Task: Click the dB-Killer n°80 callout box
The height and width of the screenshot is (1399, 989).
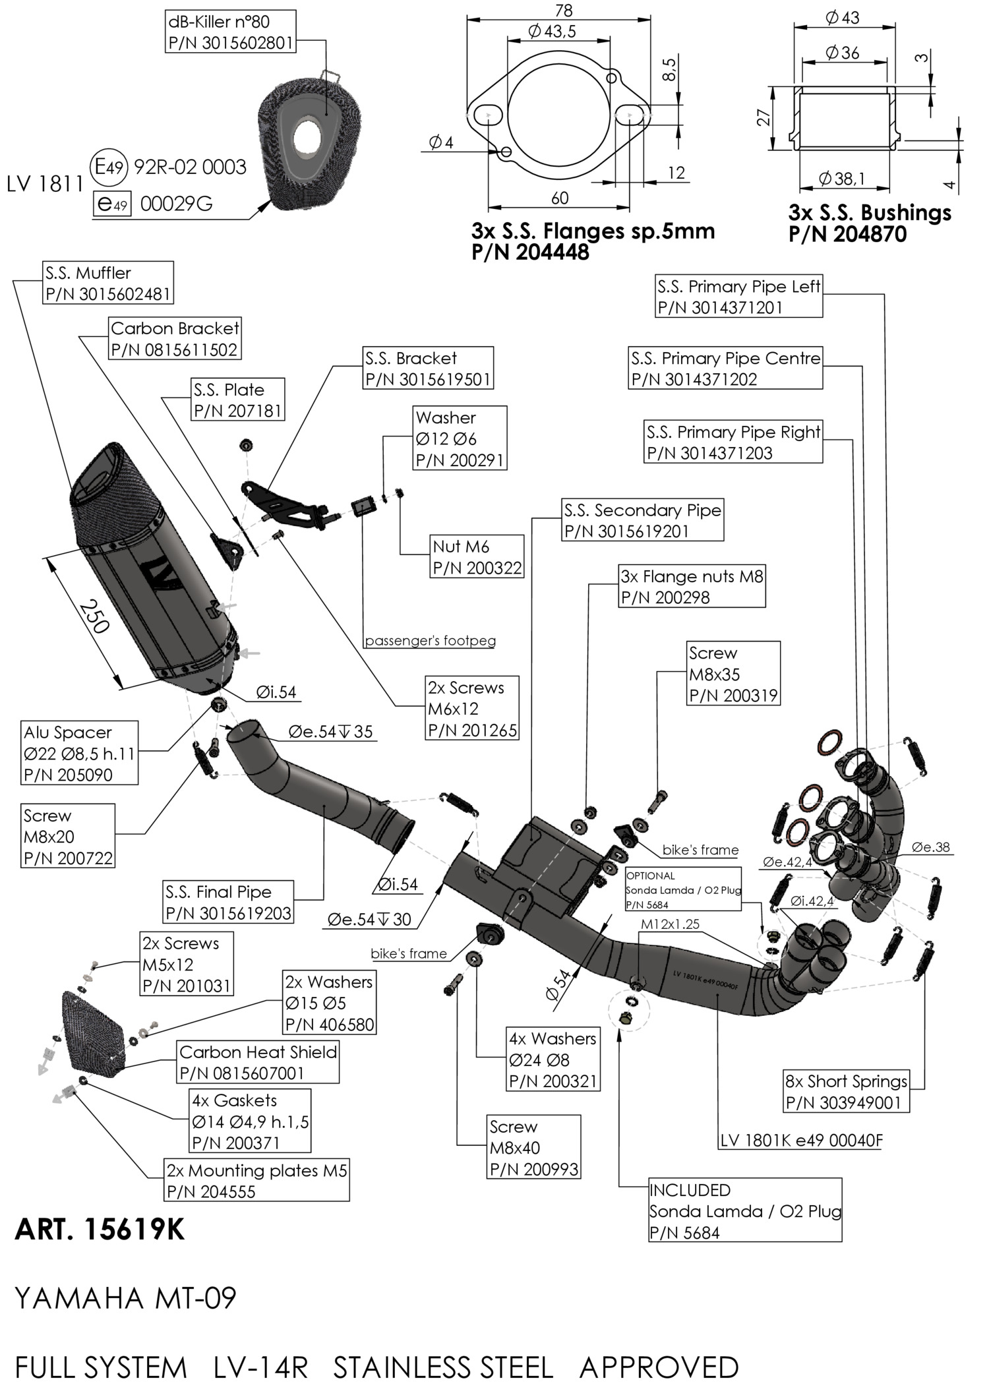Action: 229,32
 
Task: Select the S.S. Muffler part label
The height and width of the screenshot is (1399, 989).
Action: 108,283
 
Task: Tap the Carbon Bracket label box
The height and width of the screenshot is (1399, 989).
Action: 174,339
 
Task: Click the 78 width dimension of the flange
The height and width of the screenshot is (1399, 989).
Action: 564,11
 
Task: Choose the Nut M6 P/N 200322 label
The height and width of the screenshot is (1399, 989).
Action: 477,556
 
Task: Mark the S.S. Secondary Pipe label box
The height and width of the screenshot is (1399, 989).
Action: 642,520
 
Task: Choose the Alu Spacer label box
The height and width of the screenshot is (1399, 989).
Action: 79,753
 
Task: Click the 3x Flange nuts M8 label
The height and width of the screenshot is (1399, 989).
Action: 692,586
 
